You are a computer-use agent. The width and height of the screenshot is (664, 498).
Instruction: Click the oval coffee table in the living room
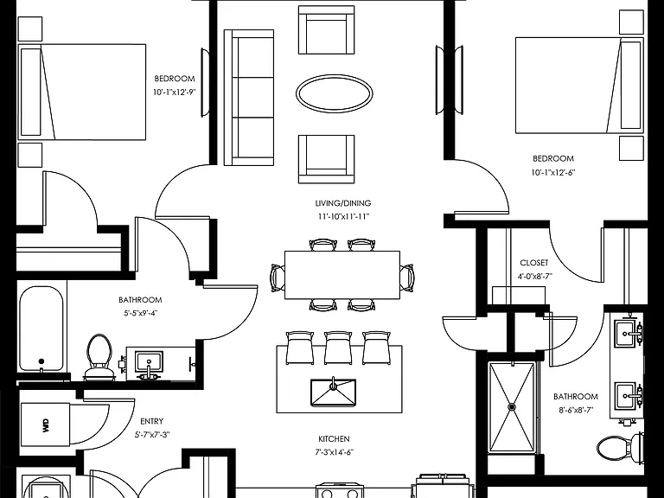(334, 93)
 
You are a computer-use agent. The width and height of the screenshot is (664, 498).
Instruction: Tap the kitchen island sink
(333, 393)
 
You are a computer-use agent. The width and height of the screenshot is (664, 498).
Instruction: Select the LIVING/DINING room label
(343, 203)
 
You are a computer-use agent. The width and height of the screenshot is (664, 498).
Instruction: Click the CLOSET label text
(534, 263)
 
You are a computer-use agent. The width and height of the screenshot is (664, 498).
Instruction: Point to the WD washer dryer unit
(45, 425)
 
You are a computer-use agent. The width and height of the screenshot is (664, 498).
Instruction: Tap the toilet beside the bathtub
(99, 355)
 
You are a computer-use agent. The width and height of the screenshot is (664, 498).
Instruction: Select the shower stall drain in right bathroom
(512, 407)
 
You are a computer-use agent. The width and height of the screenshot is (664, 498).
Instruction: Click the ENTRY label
(151, 421)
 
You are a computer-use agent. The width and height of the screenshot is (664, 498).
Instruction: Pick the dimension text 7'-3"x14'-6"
(334, 452)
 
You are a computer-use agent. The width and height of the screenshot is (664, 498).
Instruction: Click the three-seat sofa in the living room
(249, 98)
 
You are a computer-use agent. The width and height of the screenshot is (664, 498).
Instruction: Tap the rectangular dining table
(342, 275)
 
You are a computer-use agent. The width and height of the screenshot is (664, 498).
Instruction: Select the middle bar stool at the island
(338, 348)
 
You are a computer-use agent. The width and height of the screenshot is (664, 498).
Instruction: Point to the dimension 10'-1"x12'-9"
(175, 93)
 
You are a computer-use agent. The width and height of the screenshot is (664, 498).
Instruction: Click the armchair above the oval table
(326, 29)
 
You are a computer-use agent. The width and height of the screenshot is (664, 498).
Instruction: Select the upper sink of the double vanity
(629, 329)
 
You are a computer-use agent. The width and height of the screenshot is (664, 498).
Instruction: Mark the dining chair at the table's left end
(278, 278)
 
